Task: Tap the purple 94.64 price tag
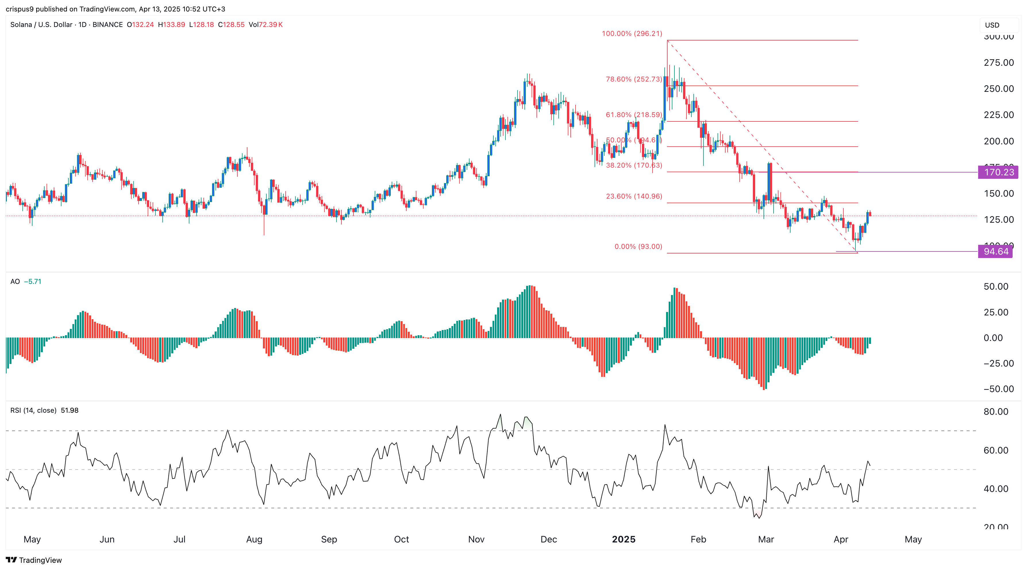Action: tap(995, 251)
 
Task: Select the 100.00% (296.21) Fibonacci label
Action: tap(632, 34)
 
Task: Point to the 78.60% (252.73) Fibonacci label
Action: tap(634, 79)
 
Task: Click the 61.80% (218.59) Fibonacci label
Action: tap(634, 115)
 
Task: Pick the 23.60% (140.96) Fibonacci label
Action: tap(634, 196)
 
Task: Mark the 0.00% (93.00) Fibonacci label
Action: tap(638, 247)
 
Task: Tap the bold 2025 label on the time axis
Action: tap(624, 539)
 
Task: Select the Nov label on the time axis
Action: tap(476, 539)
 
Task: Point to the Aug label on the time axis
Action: tap(254, 539)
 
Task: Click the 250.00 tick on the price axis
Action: tap(998, 89)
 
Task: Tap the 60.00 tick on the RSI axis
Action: tap(995, 451)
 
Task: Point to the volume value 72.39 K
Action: tap(271, 25)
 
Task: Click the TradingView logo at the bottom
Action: tap(34, 560)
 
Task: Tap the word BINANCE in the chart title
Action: tap(108, 25)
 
